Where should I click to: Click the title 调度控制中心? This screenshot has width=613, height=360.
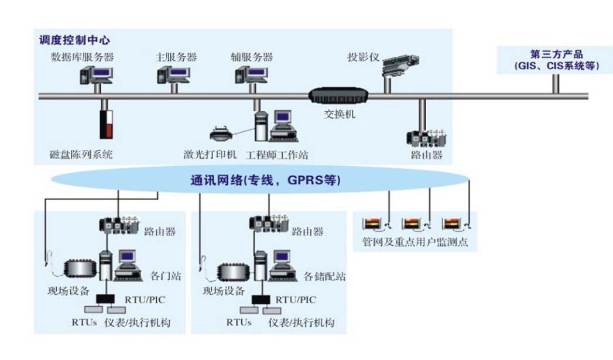[x=74, y=41]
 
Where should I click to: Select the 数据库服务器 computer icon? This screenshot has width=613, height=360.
[x=95, y=75]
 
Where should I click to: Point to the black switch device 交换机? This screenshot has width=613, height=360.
[x=338, y=96]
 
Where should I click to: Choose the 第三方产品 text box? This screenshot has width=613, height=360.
[x=555, y=60]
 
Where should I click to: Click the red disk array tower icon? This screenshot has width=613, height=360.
[x=105, y=124]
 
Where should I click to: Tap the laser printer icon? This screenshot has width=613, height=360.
[x=222, y=132]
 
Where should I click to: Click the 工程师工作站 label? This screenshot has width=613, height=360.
[x=276, y=155]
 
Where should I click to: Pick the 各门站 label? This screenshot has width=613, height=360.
[x=162, y=275]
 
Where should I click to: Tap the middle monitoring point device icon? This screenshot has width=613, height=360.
[x=413, y=223]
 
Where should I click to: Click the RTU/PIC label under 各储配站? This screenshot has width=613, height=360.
[x=296, y=300]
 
